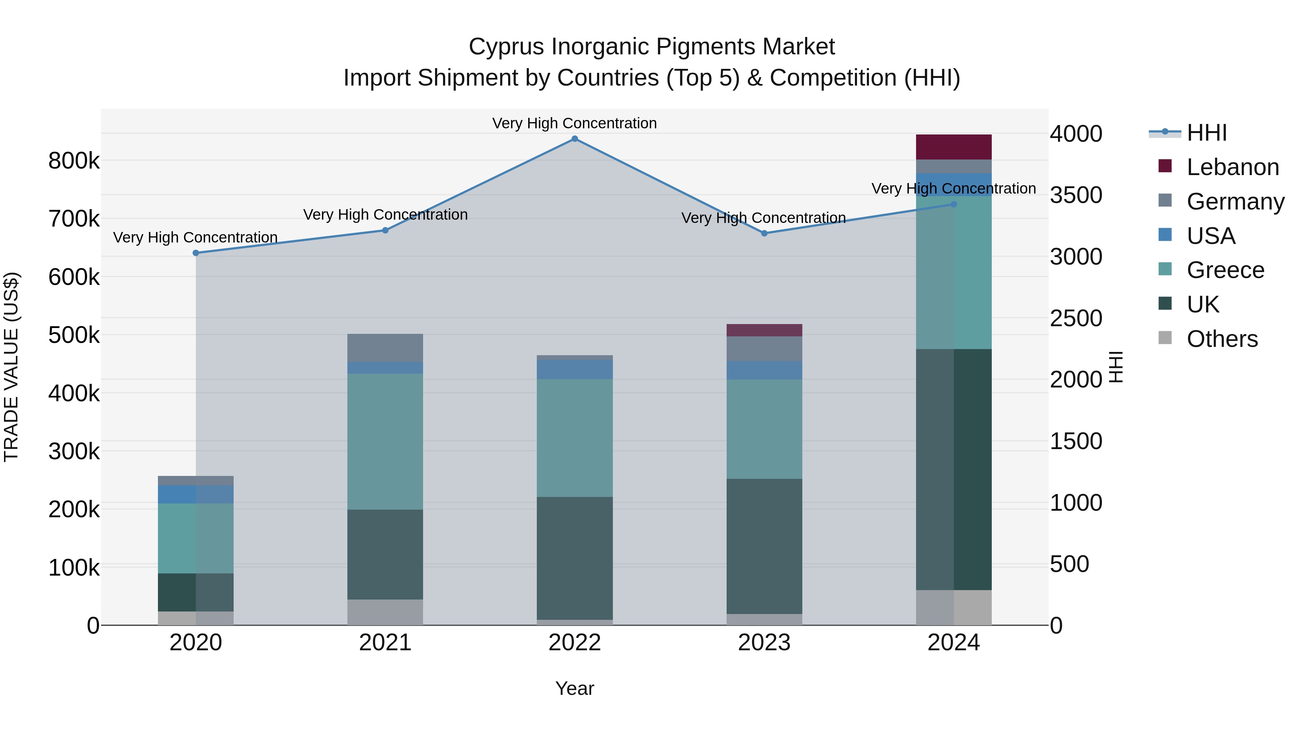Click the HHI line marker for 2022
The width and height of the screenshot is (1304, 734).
[x=574, y=139]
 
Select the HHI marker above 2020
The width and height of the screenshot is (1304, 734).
[x=196, y=253]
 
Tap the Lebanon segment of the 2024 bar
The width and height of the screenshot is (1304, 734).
[x=954, y=147]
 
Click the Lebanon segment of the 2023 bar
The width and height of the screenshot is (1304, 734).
[x=764, y=330]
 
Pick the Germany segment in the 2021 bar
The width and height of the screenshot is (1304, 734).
[x=385, y=348]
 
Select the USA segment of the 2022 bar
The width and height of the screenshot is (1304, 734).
[x=574, y=369]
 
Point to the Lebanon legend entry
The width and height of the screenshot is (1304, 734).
[x=1232, y=167]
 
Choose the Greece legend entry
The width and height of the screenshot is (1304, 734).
[x=1225, y=270]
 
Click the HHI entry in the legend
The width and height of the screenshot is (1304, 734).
[x=1206, y=133]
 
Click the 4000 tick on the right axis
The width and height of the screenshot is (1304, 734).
[x=1076, y=134]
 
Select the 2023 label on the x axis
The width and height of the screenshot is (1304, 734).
[x=764, y=643]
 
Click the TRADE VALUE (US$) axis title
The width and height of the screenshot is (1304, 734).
[x=12, y=367]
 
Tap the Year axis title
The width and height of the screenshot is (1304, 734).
[x=574, y=688]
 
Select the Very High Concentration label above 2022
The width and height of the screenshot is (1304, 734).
[x=574, y=123]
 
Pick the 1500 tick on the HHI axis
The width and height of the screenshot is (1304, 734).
[x=1076, y=441]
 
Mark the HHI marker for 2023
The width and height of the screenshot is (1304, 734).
[x=764, y=233]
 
